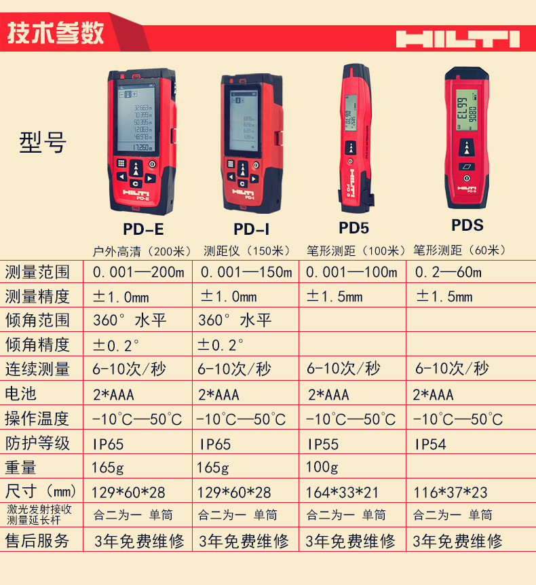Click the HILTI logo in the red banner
tap(457, 38)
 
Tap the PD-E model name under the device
tap(144, 228)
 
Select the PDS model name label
tap(467, 225)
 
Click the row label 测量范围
tap(37, 273)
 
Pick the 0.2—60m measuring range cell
tap(448, 273)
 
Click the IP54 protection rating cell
tap(431, 444)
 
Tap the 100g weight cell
tap(322, 468)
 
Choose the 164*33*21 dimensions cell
tap(343, 492)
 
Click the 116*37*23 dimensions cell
tap(451, 492)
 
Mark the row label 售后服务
tap(37, 541)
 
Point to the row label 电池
tap(20, 394)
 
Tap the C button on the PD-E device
tap(135, 183)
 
